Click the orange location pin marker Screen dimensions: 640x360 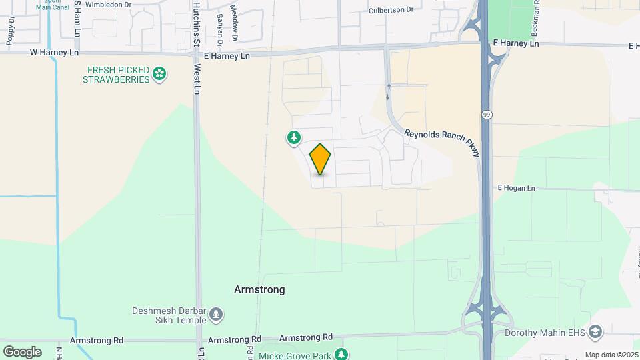(x=321, y=159)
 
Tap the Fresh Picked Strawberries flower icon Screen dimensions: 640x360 (x=159, y=73)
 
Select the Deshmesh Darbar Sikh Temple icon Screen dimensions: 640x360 (x=216, y=313)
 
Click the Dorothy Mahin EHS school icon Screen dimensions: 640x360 (x=596, y=332)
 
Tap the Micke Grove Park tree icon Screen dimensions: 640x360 (x=341, y=354)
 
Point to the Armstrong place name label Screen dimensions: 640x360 (x=259, y=289)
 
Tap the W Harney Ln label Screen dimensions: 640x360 (x=50, y=51)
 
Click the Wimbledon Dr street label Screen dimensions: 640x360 (x=109, y=3)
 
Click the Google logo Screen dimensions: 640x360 (x=22, y=351)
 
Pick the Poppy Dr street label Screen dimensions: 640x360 (x=11, y=31)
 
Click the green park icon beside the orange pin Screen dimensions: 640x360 (x=293, y=137)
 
